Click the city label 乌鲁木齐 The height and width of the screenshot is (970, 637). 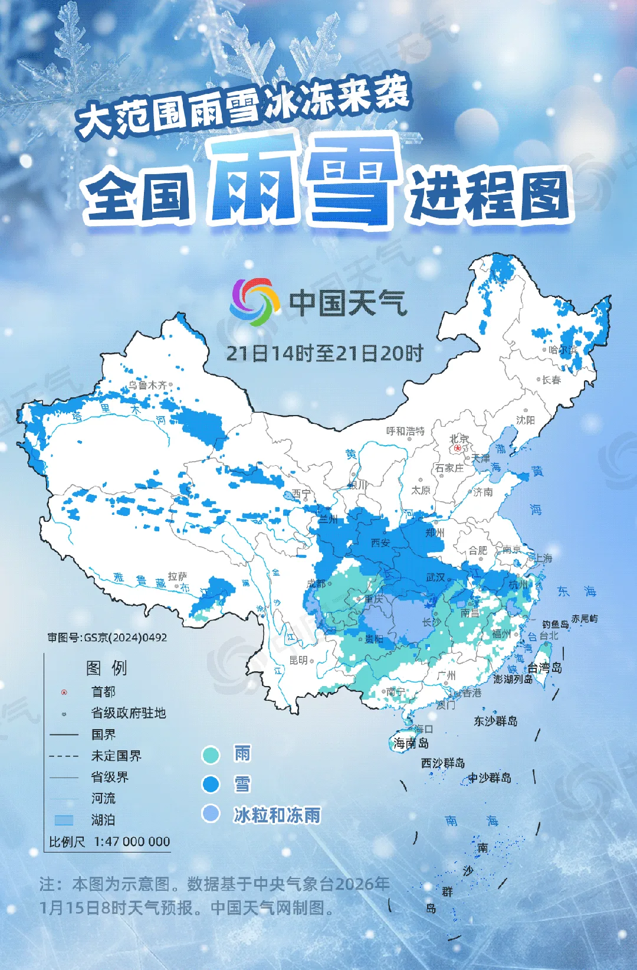pyautogui.click(x=147, y=385)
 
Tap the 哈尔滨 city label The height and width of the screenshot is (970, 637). pyautogui.click(x=563, y=350)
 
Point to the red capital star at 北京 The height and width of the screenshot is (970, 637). pyautogui.click(x=458, y=448)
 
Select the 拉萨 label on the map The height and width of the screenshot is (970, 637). pyautogui.click(x=177, y=576)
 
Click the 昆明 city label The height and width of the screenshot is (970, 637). pyautogui.click(x=298, y=660)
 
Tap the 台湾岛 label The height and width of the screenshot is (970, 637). pyautogui.click(x=544, y=668)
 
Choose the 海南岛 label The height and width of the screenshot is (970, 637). pyautogui.click(x=411, y=743)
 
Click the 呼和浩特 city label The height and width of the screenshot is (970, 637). pyautogui.click(x=405, y=431)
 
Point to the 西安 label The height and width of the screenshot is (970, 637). pyautogui.click(x=380, y=543)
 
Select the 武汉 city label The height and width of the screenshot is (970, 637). pyautogui.click(x=435, y=577)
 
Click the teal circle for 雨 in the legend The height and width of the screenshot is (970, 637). pyautogui.click(x=211, y=755)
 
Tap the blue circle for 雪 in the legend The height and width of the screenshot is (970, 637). pyautogui.click(x=211, y=785)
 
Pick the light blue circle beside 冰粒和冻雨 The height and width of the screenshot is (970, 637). pyautogui.click(x=211, y=814)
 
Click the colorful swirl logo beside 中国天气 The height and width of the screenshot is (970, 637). pyautogui.click(x=255, y=302)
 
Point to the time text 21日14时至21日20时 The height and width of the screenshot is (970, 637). pyautogui.click(x=325, y=353)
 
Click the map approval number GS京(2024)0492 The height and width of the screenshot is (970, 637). pyautogui.click(x=107, y=638)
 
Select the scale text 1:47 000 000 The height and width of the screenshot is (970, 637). pyautogui.click(x=132, y=841)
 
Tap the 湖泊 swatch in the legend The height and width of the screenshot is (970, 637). pyautogui.click(x=64, y=820)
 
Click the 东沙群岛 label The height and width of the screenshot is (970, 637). pyautogui.click(x=495, y=721)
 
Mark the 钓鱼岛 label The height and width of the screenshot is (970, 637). pyautogui.click(x=555, y=624)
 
